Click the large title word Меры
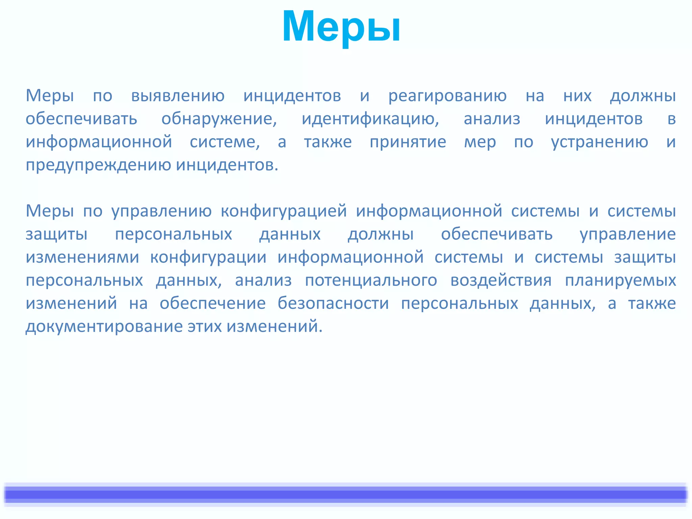tap(341, 27)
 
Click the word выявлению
tap(178, 96)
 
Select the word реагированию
tap(447, 96)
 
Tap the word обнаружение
tap(219, 119)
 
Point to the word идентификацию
tap(370, 119)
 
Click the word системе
tap(224, 142)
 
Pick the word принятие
tap(408, 142)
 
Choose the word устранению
tap(599, 142)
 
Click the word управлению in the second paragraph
tap(162, 211)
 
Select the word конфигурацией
tap(284, 211)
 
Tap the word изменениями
tap(82, 257)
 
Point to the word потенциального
tap(371, 280)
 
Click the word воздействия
tap(501, 280)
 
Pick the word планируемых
tap(620, 280)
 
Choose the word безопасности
tap(333, 303)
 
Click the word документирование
tap(104, 326)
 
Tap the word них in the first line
tap(577, 96)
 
